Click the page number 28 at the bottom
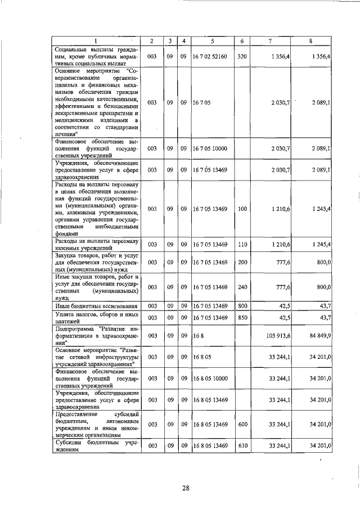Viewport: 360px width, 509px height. (x=185, y=488)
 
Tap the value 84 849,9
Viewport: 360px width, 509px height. (x=318, y=336)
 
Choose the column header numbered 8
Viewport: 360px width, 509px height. (x=311, y=41)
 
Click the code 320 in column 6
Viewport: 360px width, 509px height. (x=242, y=56)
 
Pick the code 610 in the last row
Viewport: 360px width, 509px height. (x=242, y=446)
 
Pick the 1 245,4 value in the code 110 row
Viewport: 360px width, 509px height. (x=319, y=245)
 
